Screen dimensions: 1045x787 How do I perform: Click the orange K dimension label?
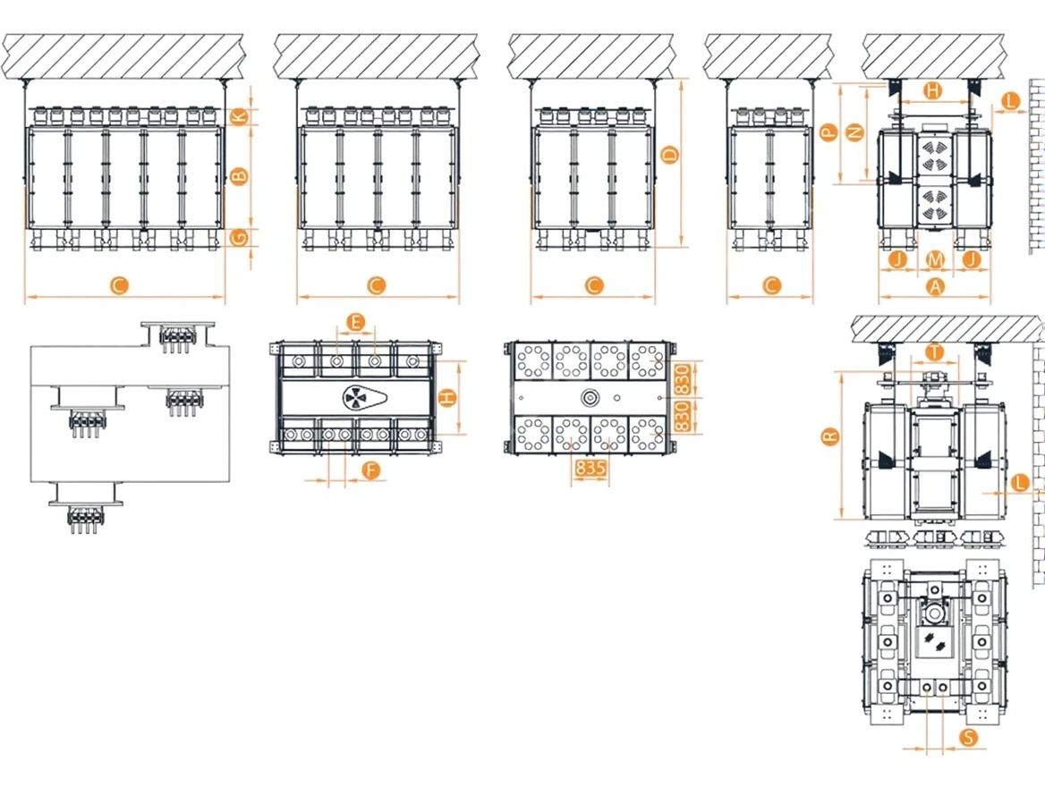(x=239, y=117)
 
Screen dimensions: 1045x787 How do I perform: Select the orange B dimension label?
(x=239, y=176)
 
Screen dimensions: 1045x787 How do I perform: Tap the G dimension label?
(x=239, y=237)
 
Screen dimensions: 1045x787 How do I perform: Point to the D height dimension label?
(x=670, y=156)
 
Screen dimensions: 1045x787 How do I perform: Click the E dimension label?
(x=357, y=323)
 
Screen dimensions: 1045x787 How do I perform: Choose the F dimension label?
(x=371, y=470)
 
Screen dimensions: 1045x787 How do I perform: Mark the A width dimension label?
(x=936, y=286)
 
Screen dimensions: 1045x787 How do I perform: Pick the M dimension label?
(x=936, y=258)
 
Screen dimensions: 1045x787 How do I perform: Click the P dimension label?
(x=828, y=132)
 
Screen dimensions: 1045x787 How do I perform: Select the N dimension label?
(x=854, y=132)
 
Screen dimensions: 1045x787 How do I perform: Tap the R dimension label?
(x=830, y=437)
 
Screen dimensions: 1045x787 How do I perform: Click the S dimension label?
(x=968, y=737)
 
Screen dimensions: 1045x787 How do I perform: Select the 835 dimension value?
(x=590, y=468)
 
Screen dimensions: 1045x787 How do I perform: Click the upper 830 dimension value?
(x=682, y=379)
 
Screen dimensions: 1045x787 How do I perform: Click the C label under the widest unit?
(x=119, y=286)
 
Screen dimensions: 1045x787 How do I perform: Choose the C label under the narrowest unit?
(x=771, y=286)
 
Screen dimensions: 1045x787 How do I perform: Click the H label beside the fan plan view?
(x=448, y=398)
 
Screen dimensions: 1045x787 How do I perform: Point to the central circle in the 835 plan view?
(x=590, y=399)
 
